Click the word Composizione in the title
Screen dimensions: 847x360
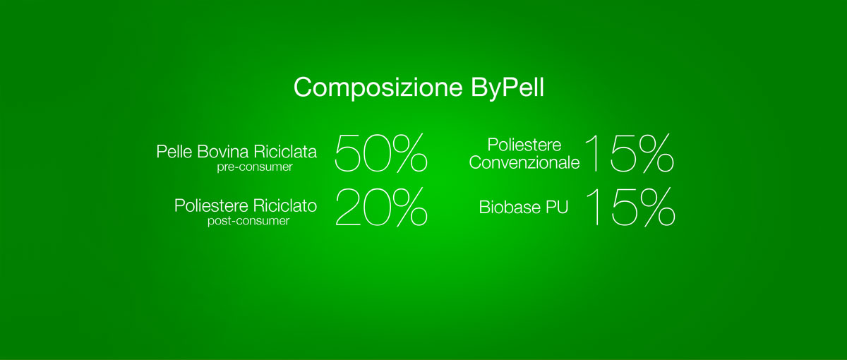click(x=378, y=88)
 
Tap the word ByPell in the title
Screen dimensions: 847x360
click(x=507, y=88)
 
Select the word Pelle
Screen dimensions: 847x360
click(x=174, y=152)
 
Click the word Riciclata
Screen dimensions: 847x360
click(x=285, y=152)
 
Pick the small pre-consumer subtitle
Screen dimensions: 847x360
click(x=255, y=167)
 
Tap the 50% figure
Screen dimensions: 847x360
click(x=381, y=153)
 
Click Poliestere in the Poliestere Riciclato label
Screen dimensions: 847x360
click(x=211, y=205)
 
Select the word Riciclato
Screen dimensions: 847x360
click(x=285, y=205)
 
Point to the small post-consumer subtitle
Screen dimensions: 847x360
click(x=248, y=221)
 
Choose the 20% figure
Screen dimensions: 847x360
click(x=382, y=208)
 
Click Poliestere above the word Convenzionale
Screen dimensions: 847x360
click(x=524, y=145)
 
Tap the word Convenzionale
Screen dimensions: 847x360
click(x=524, y=163)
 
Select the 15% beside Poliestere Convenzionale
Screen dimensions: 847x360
click(x=630, y=153)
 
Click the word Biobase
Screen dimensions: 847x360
click(x=510, y=208)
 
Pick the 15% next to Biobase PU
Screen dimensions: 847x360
click(x=630, y=208)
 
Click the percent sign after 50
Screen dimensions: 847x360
click(x=409, y=153)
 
